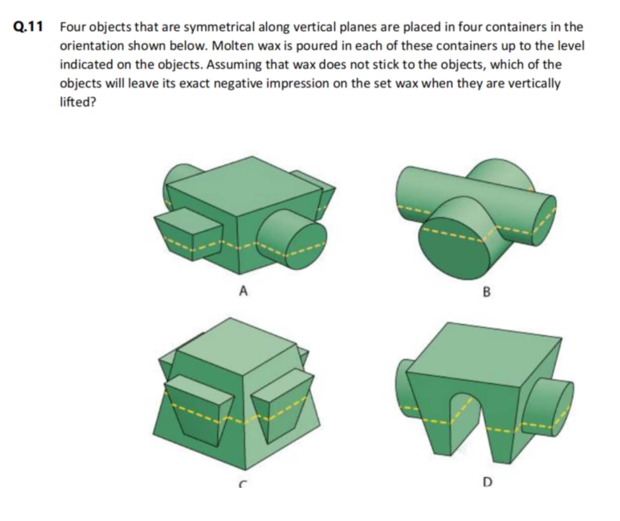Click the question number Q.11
pos(28,27)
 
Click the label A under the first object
pos(243,291)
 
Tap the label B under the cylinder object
pos(487,292)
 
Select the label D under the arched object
pos(488,482)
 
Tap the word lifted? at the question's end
pos(78,102)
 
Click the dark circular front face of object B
pos(454,248)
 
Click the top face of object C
pos(237,345)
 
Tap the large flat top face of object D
pos(484,355)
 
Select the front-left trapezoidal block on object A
pos(189,234)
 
